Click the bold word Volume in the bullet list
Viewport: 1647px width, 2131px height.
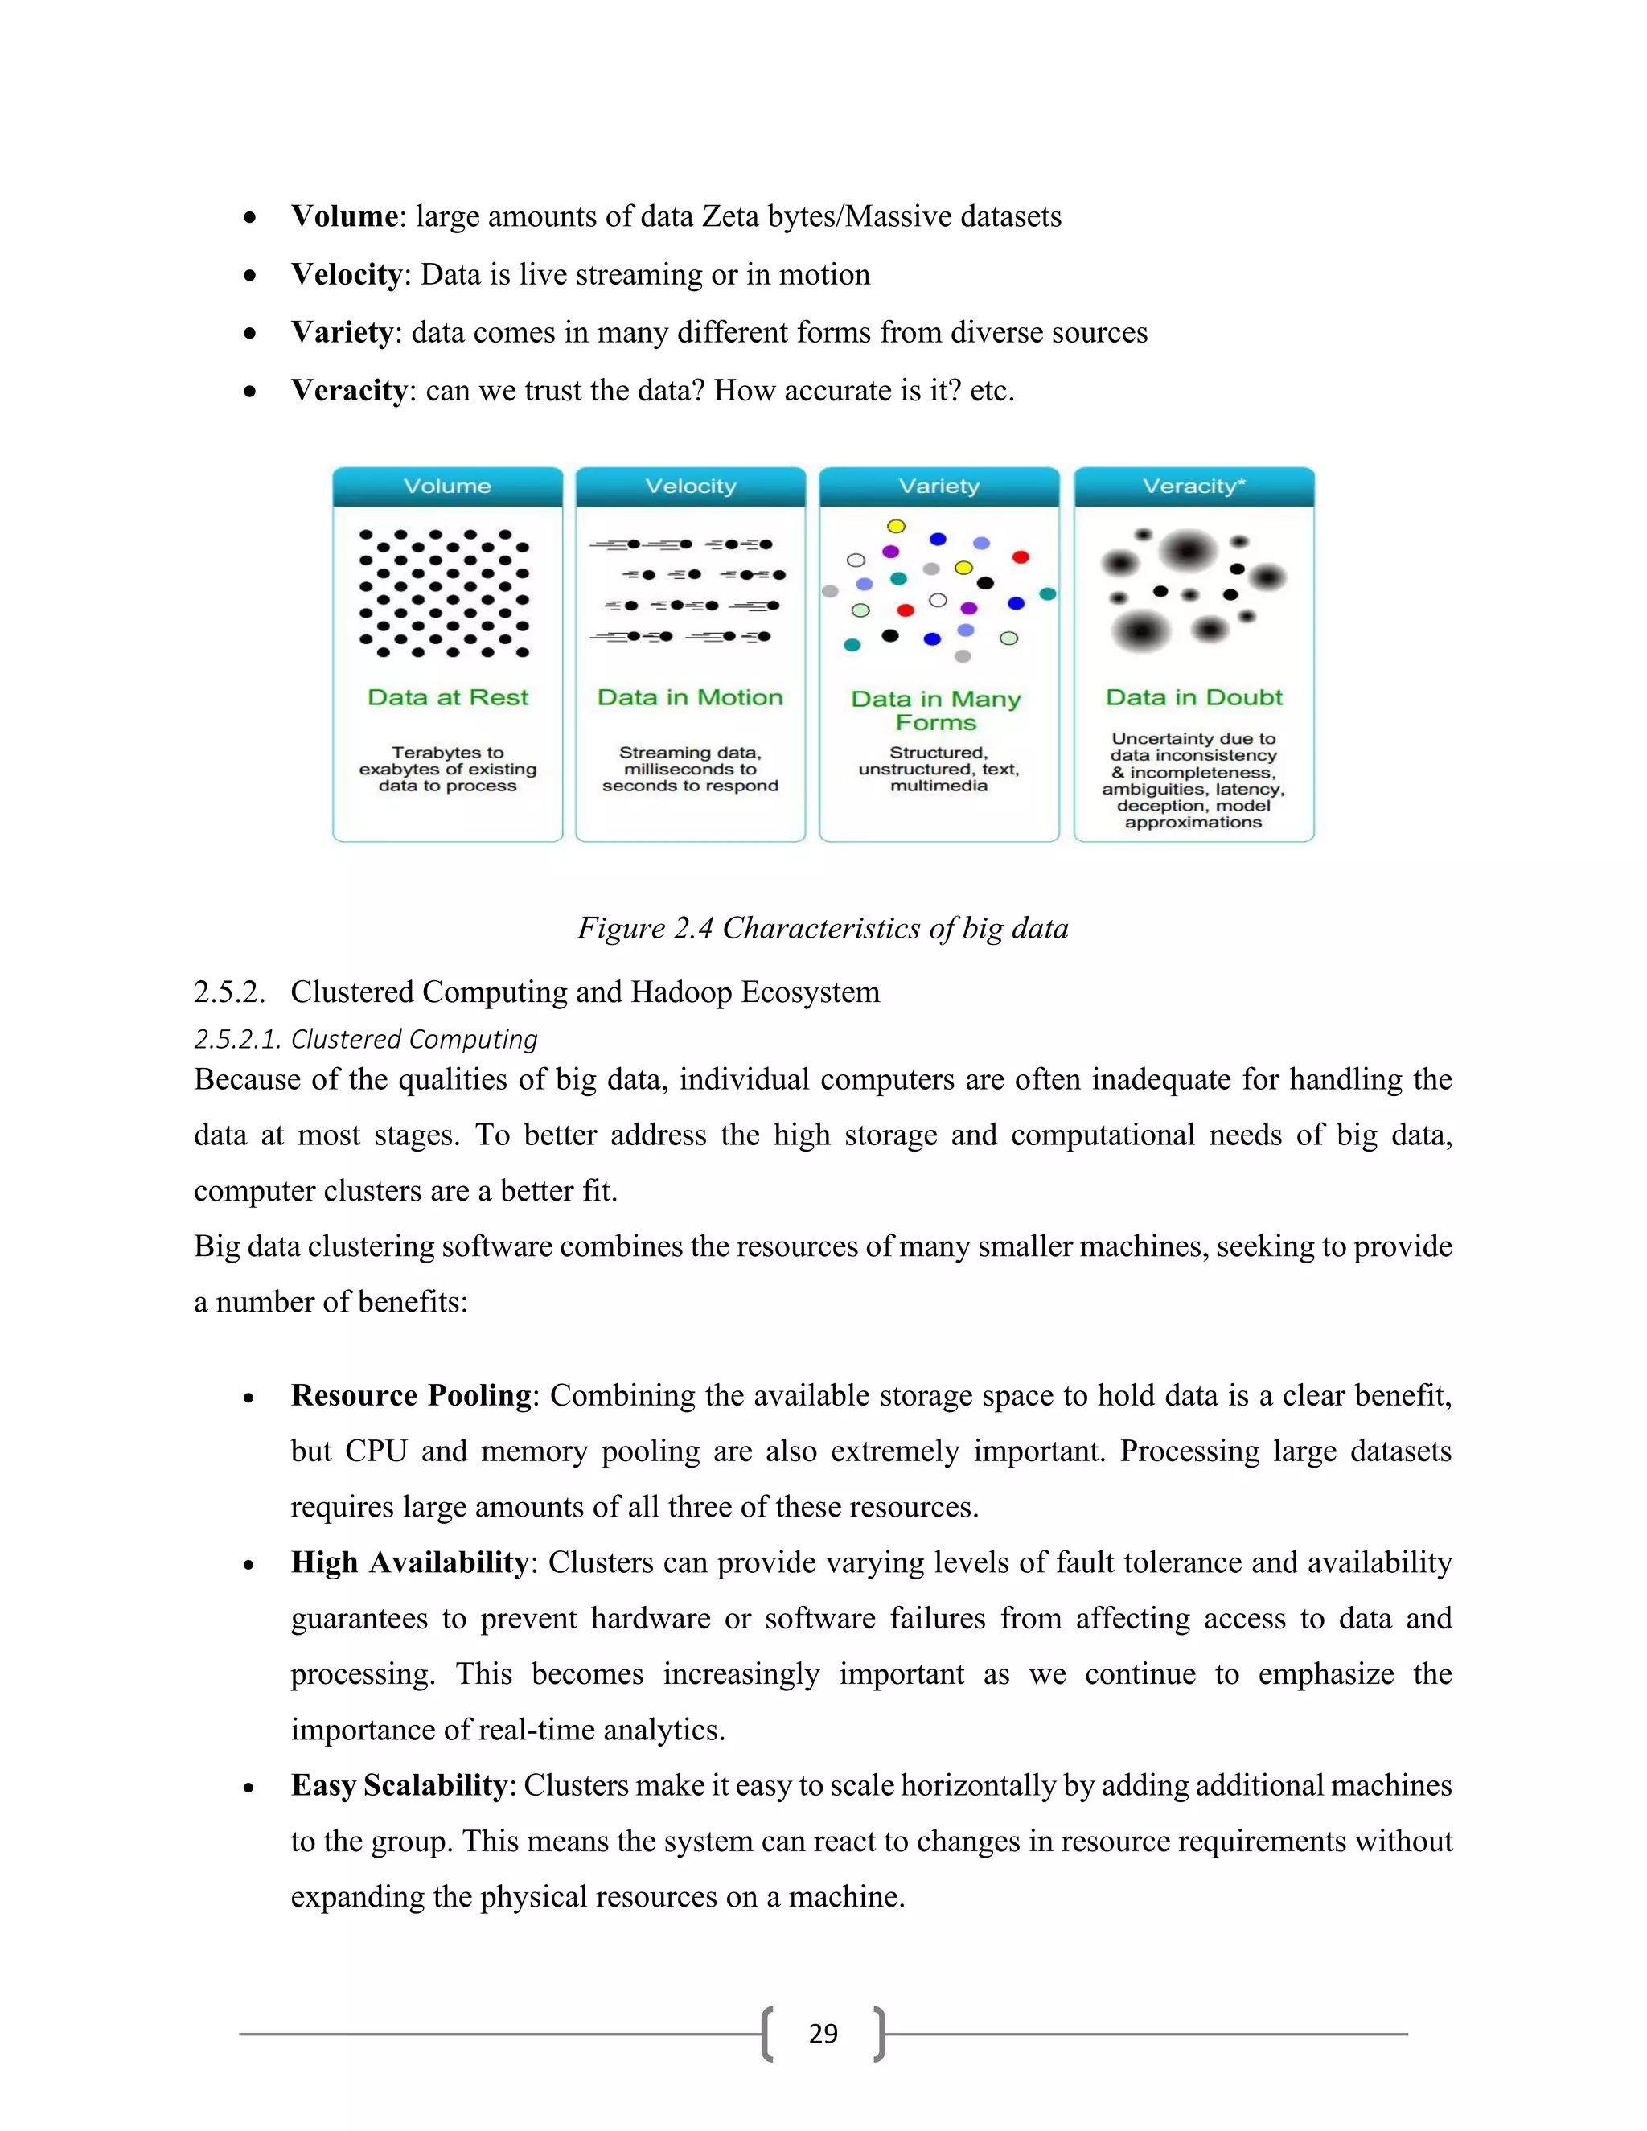pyautogui.click(x=344, y=216)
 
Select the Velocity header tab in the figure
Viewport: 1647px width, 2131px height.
pyautogui.click(x=690, y=486)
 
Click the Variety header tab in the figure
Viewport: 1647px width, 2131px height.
pyautogui.click(x=939, y=486)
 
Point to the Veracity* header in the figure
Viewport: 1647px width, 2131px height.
pyautogui.click(x=1193, y=486)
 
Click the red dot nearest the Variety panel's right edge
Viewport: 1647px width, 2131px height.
pyautogui.click(x=1021, y=557)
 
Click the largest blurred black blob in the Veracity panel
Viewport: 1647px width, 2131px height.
pyautogui.click(x=1188, y=552)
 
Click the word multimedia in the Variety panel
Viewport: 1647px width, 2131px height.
pyautogui.click(x=939, y=786)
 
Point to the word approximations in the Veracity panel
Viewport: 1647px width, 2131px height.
pyautogui.click(x=1193, y=822)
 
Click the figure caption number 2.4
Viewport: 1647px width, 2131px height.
pyautogui.click(x=692, y=928)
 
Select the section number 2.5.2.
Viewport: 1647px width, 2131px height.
pyautogui.click(x=229, y=992)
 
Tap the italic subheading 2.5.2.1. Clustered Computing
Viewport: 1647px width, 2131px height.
pyautogui.click(x=366, y=1039)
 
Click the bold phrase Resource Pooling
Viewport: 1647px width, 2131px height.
pyautogui.click(x=410, y=1395)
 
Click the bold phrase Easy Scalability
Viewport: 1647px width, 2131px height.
pyautogui.click(x=399, y=1784)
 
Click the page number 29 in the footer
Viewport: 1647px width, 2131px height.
pyautogui.click(x=823, y=2034)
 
